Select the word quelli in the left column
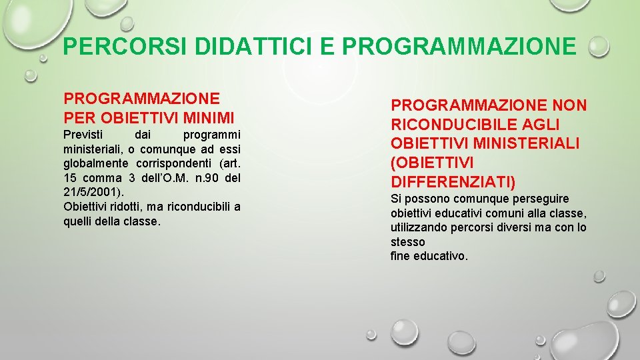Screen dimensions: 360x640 tap(78, 221)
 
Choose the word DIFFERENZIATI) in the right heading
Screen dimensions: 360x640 tap(453, 182)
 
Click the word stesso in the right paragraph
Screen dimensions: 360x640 tap(407, 242)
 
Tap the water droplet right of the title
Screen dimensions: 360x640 tap(599, 47)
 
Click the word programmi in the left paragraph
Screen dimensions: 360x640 tap(211, 135)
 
